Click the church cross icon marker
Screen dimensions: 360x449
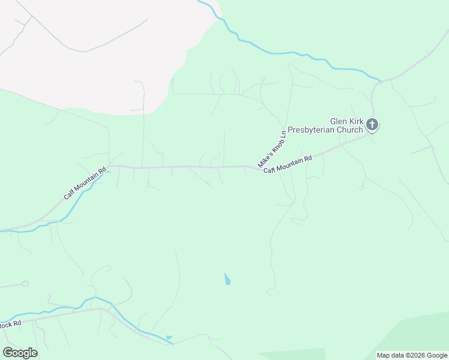(372, 125)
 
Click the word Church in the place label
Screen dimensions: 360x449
(351, 130)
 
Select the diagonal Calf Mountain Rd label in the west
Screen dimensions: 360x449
(85, 183)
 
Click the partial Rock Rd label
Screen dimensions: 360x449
(11, 325)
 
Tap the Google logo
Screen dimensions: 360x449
(20, 353)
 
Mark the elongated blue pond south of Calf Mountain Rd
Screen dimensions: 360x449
(228, 279)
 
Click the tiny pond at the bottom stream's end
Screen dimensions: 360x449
(169, 338)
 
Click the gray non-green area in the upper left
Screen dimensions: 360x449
(90, 54)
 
